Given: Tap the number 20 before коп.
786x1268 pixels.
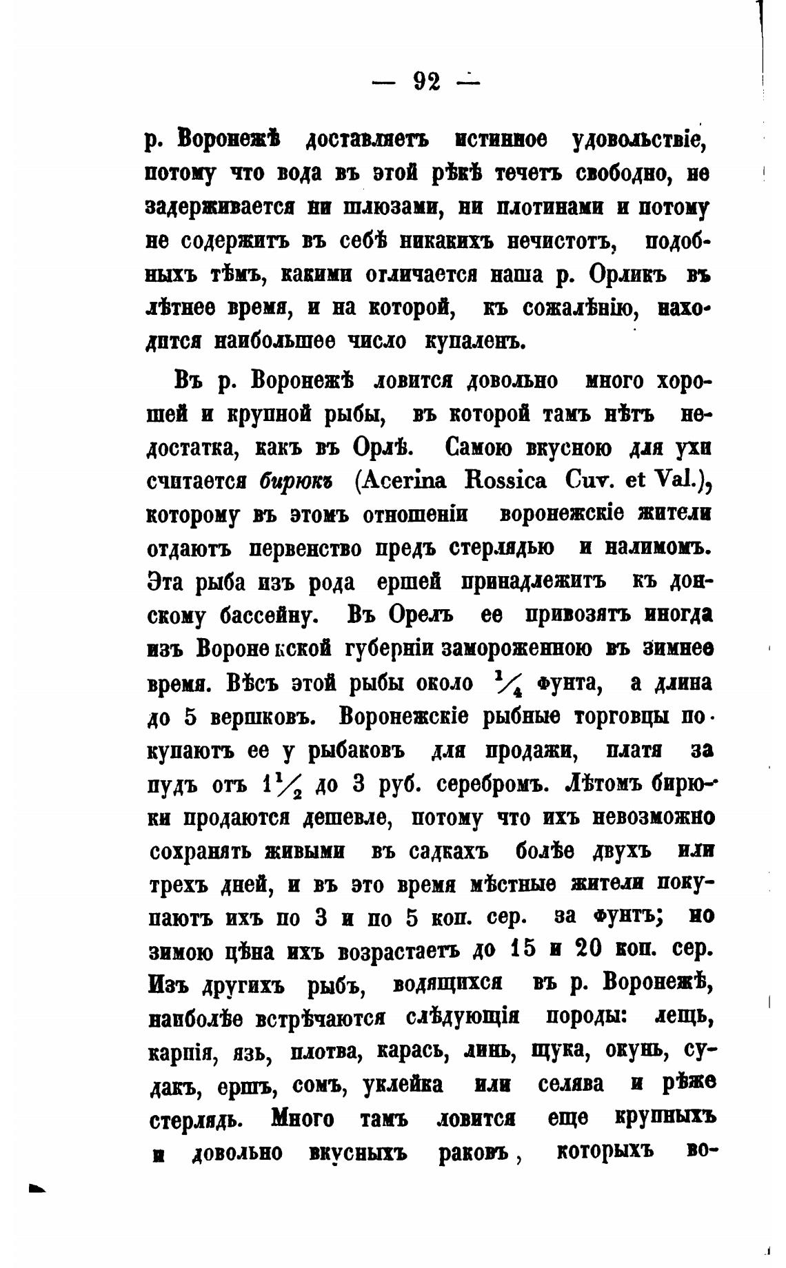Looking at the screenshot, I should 589,950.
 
